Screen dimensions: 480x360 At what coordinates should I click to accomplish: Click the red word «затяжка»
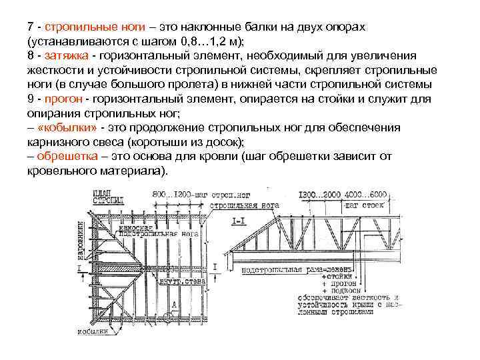coord(61,55)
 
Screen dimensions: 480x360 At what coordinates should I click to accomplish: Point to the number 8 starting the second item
coord(30,55)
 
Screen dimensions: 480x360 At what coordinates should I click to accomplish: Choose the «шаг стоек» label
coord(367,205)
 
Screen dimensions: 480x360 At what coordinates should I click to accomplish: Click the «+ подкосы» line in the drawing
coord(341,291)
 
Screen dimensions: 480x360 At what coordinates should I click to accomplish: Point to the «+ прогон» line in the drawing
coord(339,283)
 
